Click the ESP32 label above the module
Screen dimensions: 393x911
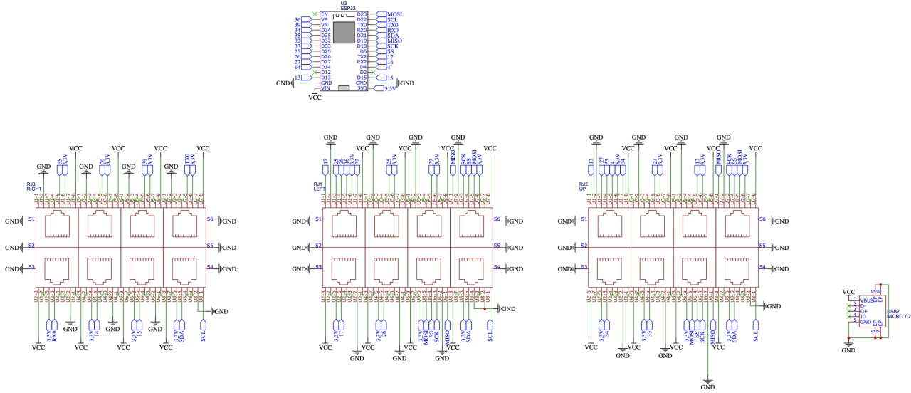point(348,8)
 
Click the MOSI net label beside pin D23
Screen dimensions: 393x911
point(394,14)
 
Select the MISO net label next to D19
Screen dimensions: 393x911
point(394,41)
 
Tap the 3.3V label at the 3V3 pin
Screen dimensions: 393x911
point(390,89)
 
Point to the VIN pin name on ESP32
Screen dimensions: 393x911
point(326,88)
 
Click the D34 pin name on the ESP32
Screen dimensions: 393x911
point(326,30)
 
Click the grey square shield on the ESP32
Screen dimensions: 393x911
point(344,33)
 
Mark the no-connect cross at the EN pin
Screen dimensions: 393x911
point(315,14)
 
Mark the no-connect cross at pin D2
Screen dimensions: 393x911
point(373,73)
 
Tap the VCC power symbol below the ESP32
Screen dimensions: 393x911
point(315,98)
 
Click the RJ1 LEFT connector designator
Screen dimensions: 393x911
point(318,187)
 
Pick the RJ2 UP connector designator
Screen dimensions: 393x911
point(584,187)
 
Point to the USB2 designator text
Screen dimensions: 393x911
point(893,311)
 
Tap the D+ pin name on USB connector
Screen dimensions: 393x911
point(863,311)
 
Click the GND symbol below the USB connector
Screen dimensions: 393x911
point(848,350)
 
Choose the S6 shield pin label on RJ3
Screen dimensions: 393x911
point(210,219)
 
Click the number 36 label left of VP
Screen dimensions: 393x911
point(297,20)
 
